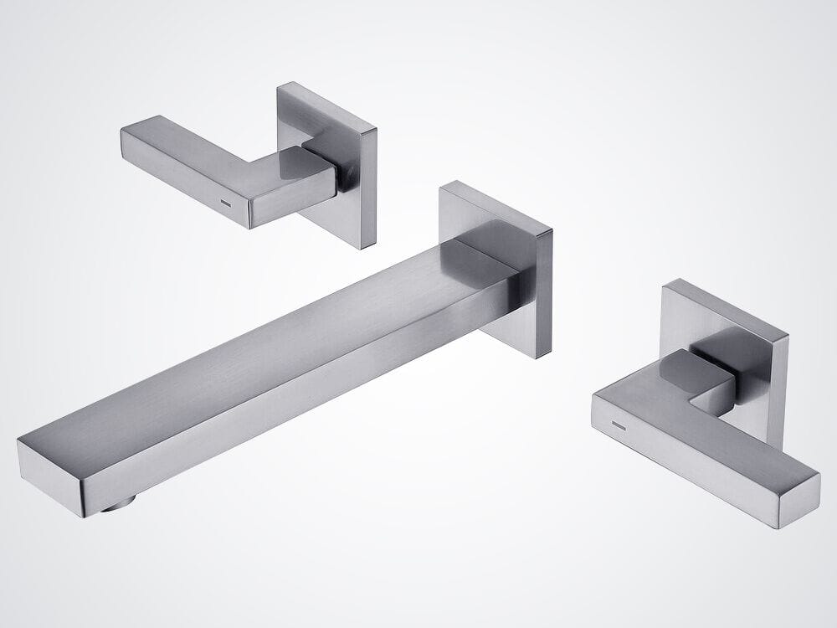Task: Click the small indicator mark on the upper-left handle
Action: pos(225,203)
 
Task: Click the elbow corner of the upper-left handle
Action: pos(293,176)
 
